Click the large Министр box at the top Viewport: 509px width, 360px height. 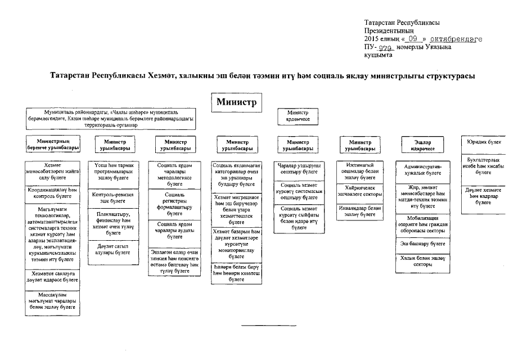236,102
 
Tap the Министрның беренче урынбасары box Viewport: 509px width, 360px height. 53,144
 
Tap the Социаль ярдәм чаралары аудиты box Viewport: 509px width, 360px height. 174,230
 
